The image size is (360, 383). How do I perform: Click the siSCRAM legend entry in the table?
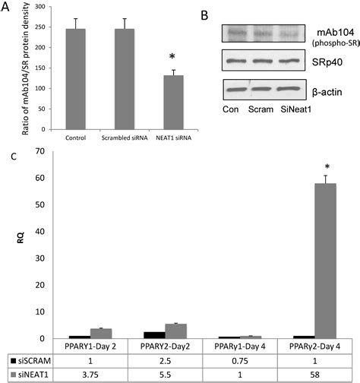(x=30, y=359)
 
